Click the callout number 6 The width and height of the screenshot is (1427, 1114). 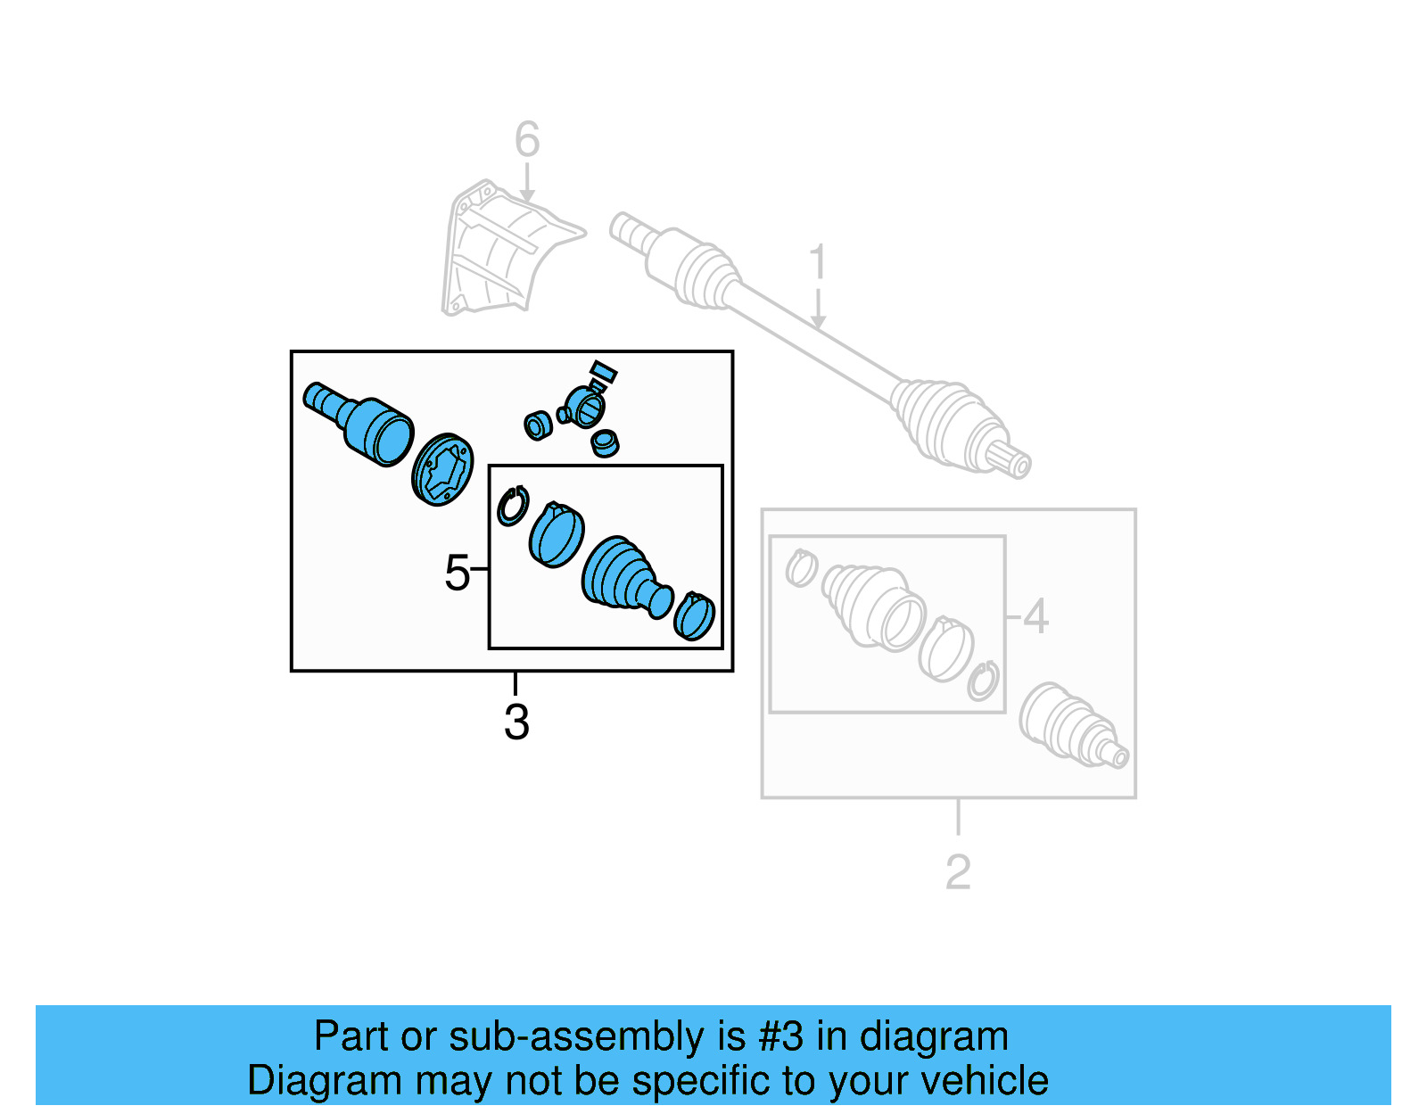tap(527, 139)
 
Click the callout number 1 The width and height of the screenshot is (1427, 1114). tap(817, 263)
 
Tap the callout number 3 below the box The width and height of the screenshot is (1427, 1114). tap(516, 722)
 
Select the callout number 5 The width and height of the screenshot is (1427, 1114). tap(457, 572)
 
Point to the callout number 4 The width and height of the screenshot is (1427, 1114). tap(1035, 616)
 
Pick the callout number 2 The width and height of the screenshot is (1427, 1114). tap(958, 871)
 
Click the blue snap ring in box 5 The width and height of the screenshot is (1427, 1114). tap(513, 507)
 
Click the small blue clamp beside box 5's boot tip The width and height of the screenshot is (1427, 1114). tap(695, 616)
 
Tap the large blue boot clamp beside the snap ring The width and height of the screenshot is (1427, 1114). tap(557, 535)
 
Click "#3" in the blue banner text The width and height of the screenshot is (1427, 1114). tap(781, 1036)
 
